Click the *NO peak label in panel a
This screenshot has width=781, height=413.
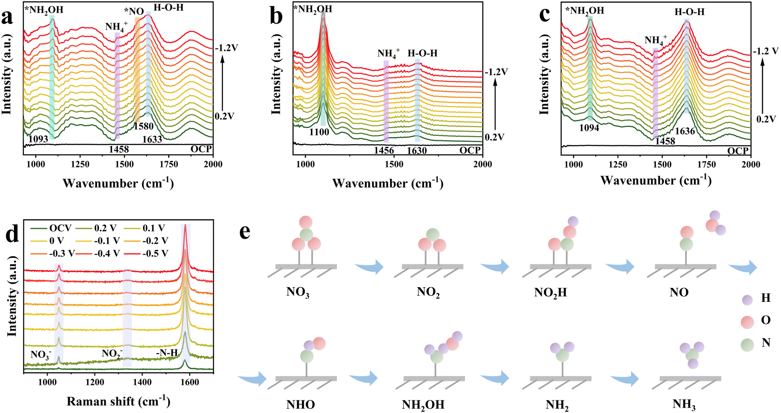click(134, 11)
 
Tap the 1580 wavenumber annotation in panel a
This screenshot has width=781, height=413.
click(143, 126)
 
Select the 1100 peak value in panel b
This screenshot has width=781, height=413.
click(319, 132)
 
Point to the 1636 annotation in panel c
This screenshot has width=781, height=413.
click(685, 131)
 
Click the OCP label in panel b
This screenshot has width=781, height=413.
click(470, 151)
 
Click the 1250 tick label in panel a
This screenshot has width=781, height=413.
click(80, 164)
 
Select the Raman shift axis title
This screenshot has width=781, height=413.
click(118, 401)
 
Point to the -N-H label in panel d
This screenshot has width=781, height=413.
click(167, 352)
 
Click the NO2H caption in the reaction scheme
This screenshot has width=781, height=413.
click(550, 293)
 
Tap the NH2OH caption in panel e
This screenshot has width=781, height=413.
click(423, 405)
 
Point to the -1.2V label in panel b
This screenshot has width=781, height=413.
click(496, 72)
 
